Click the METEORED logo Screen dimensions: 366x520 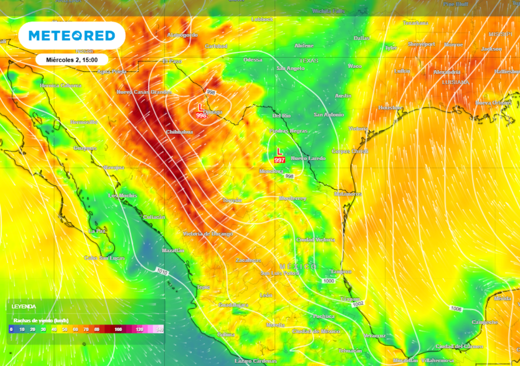click(x=71, y=36)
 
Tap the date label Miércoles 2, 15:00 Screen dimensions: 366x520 click(x=71, y=59)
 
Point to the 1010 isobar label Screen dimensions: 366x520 click(x=162, y=272)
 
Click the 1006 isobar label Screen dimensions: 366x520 click(x=456, y=309)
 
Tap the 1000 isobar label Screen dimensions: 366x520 click(x=329, y=281)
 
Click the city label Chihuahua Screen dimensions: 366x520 click(x=179, y=132)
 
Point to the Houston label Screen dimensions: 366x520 click(x=390, y=108)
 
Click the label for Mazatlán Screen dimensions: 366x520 click(x=172, y=251)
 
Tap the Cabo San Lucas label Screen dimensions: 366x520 click(x=104, y=258)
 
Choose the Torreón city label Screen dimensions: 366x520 click(x=232, y=200)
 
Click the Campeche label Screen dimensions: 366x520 click(x=484, y=322)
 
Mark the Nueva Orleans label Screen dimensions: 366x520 click(x=493, y=103)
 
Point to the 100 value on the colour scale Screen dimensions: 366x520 click(x=118, y=329)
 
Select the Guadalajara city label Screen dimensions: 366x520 click(x=233, y=304)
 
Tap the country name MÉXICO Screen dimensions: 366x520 click(x=298, y=266)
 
